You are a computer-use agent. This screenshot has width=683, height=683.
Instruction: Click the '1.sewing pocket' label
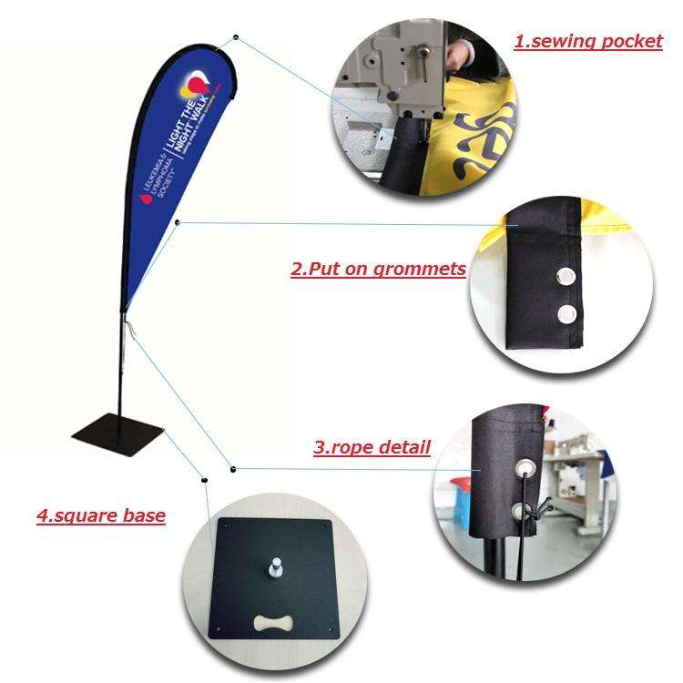click(588, 41)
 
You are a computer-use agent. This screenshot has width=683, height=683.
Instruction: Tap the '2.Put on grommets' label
click(378, 269)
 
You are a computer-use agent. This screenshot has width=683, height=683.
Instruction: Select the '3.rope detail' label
click(372, 447)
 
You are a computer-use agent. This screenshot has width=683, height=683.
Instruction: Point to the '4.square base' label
click(100, 515)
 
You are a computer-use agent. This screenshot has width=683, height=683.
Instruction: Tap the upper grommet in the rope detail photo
click(526, 469)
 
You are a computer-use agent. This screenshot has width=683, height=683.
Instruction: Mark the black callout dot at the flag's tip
click(236, 37)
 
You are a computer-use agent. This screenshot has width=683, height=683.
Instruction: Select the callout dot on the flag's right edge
click(177, 222)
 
